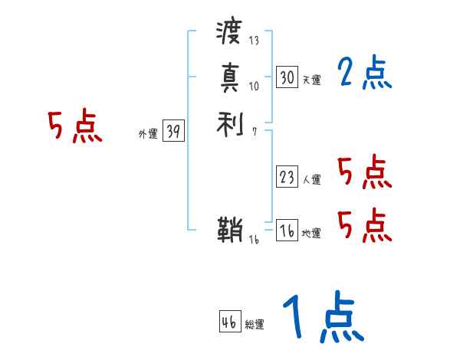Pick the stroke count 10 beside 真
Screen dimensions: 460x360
[x=255, y=86]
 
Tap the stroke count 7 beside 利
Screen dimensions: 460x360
[x=254, y=131]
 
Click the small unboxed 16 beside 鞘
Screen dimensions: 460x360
[x=255, y=240]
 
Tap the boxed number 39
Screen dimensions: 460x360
[x=173, y=132]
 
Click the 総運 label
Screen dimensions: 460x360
[x=255, y=325]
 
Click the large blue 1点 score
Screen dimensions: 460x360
[x=322, y=318]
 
